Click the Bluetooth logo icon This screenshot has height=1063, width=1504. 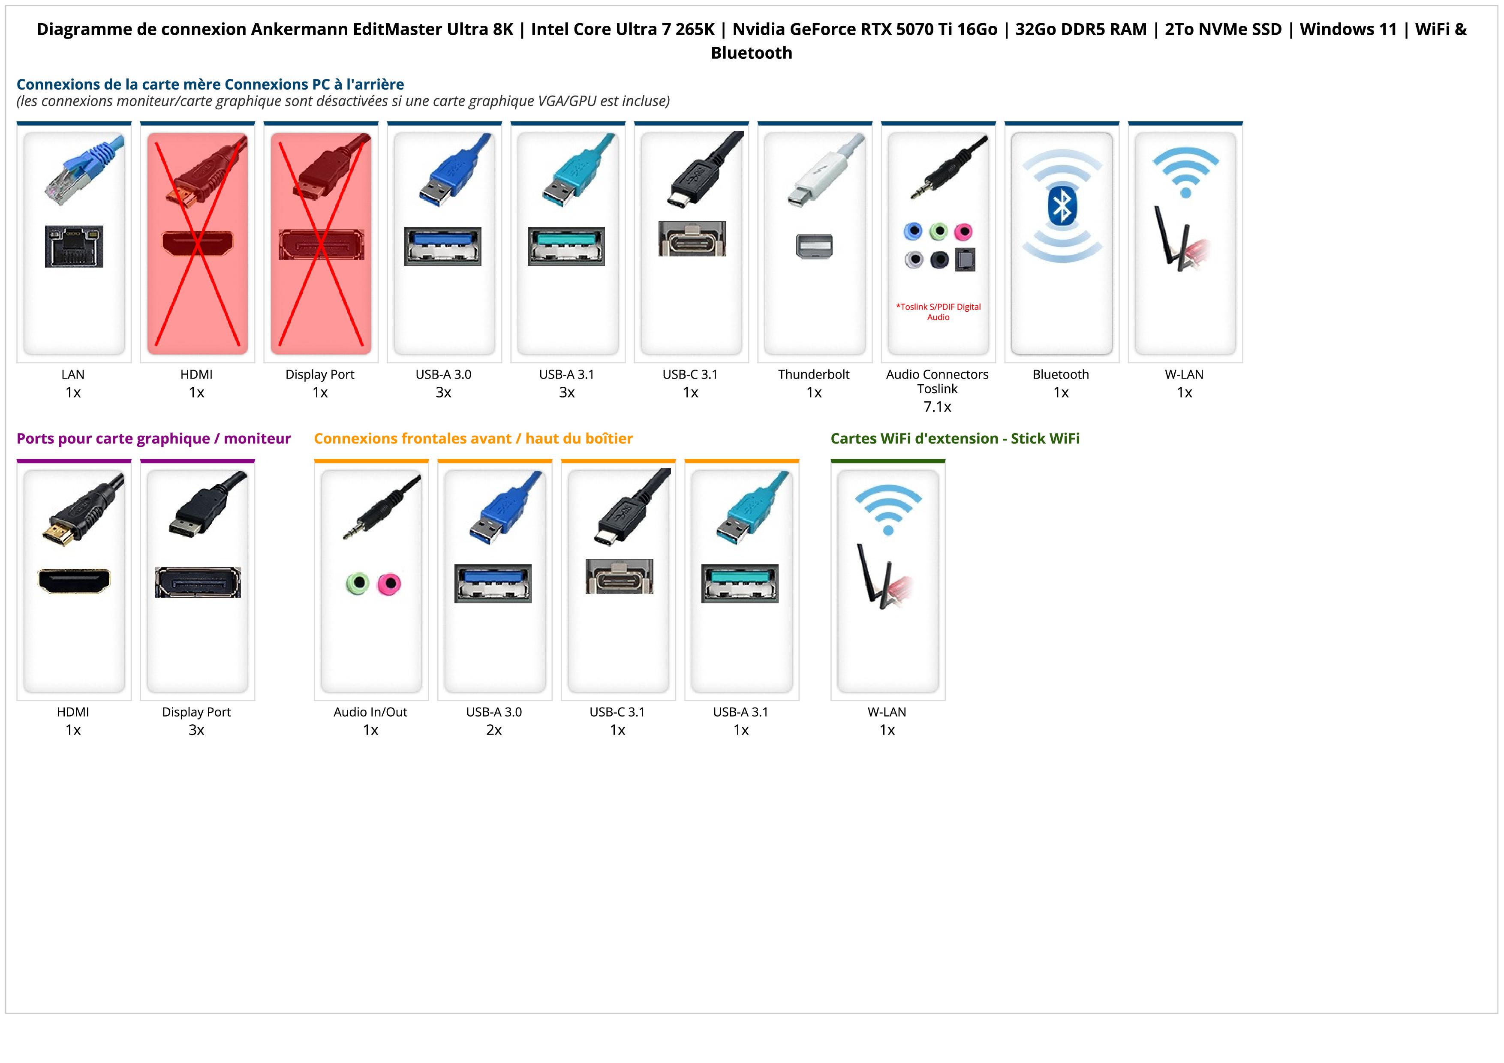(x=1061, y=206)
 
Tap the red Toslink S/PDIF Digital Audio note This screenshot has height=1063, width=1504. (x=938, y=312)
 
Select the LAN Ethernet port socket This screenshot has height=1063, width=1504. (x=74, y=246)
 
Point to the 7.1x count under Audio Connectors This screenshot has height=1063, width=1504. (x=937, y=407)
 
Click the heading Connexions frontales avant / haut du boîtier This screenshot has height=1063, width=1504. (x=473, y=438)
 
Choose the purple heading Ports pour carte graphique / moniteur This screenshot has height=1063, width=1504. (x=153, y=438)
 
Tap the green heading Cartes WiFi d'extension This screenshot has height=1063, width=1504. (x=954, y=438)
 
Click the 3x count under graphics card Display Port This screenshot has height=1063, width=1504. (x=196, y=730)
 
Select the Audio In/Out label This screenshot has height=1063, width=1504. (x=370, y=711)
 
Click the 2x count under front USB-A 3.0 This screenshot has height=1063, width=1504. (x=494, y=730)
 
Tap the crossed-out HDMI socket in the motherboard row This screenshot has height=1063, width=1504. (x=197, y=243)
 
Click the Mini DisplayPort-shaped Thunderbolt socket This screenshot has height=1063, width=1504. (x=814, y=246)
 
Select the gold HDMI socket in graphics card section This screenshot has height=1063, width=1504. (x=74, y=580)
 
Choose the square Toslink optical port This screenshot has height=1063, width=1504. (x=965, y=259)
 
